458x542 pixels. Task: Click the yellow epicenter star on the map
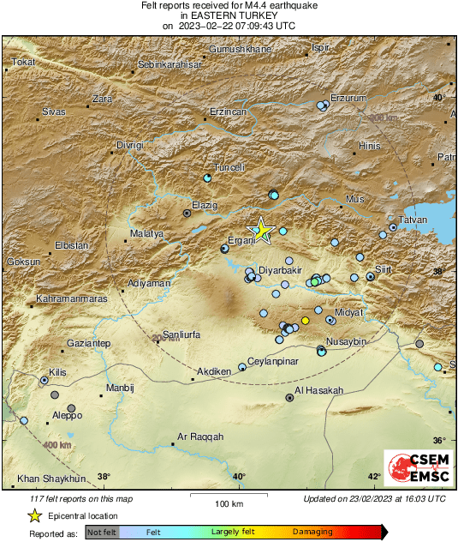(261, 230)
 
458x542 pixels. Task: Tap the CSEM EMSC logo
(414, 467)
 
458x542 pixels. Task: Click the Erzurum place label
(348, 97)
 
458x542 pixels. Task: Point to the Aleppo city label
(67, 416)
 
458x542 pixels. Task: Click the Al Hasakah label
(318, 390)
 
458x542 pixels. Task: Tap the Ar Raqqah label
(199, 437)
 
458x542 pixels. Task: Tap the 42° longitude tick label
(374, 477)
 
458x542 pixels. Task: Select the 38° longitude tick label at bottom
(104, 477)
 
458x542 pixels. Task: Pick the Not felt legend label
(102, 533)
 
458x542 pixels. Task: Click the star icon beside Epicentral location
(34, 515)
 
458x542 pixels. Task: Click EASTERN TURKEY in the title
(229, 15)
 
